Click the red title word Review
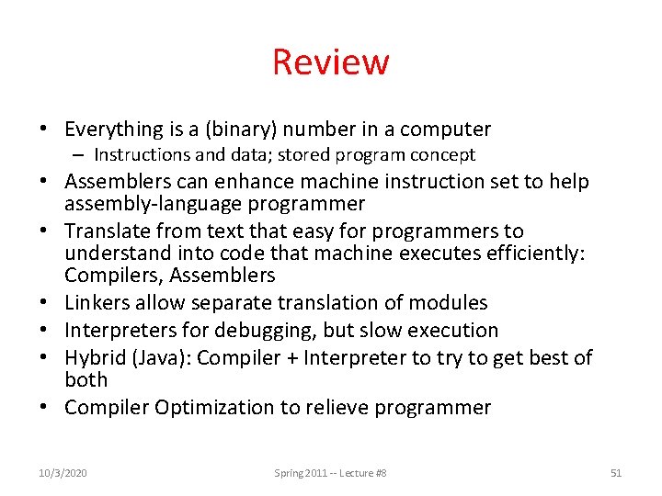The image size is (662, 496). coord(330,62)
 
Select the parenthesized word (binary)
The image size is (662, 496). coord(223,130)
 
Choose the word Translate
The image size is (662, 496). coord(108,231)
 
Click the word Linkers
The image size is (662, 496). coord(98,303)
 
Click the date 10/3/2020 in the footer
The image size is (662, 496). coord(63,473)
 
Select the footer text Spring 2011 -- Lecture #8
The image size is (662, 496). coord(330,473)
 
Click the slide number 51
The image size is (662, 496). coord(616,473)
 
